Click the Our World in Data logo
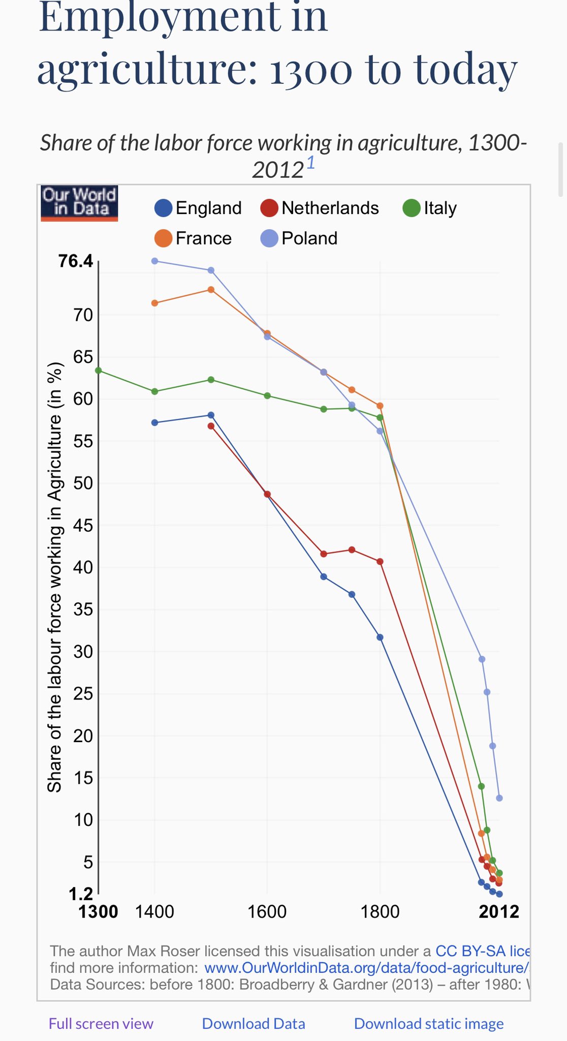79,203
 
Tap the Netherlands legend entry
320,208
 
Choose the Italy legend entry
430,208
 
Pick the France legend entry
193,238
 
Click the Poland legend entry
299,238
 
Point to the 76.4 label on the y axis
76,261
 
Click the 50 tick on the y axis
83,483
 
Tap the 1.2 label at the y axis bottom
81,893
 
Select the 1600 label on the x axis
267,911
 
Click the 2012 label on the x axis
499,911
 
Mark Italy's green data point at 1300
99,371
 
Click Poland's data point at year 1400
155,261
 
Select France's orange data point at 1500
211,290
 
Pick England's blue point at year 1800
380,637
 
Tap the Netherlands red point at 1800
380,562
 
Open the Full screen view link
101,1023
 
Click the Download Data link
254,1023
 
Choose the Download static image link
429,1023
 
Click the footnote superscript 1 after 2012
310,163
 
